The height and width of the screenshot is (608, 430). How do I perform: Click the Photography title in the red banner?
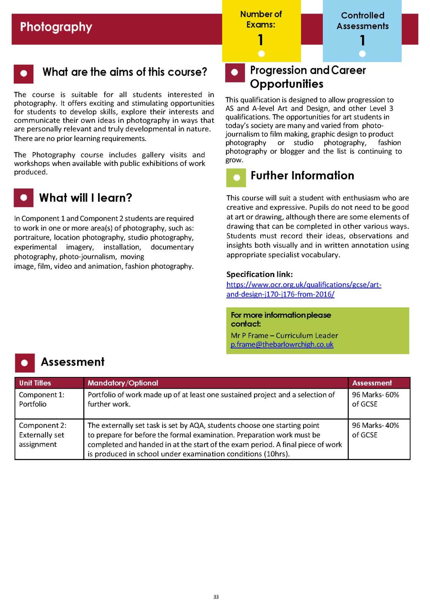pos(56,27)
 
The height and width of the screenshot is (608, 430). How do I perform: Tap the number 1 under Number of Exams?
pos(261,40)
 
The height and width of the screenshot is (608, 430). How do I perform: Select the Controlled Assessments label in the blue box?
pos(362,21)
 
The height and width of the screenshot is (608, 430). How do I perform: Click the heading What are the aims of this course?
pos(125,72)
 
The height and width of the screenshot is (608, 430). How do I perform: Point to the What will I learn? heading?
pos(85,198)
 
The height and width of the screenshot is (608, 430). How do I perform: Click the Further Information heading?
pos(302,176)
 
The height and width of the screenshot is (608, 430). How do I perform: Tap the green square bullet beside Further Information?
pos(236,177)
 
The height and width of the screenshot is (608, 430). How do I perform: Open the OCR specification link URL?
pos(304,289)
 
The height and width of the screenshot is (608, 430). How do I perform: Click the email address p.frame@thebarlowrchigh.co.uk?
pos(282,345)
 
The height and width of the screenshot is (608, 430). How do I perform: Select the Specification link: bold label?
pos(259,274)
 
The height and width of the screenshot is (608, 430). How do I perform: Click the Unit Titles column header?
pos(35,383)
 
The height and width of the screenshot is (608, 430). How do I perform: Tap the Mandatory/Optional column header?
pos(123,383)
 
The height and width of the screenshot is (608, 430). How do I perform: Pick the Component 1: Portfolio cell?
pos(42,399)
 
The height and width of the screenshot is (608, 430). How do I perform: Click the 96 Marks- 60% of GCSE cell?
pos(375,399)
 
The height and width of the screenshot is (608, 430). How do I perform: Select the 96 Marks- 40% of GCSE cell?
pos(375,430)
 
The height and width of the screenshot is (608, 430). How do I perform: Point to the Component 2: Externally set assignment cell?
pos(43,435)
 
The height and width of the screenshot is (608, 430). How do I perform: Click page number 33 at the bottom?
pos(216,597)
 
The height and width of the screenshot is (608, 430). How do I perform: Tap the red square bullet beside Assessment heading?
pos(25,363)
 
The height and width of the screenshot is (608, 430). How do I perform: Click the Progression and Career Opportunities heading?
pos(308,77)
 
